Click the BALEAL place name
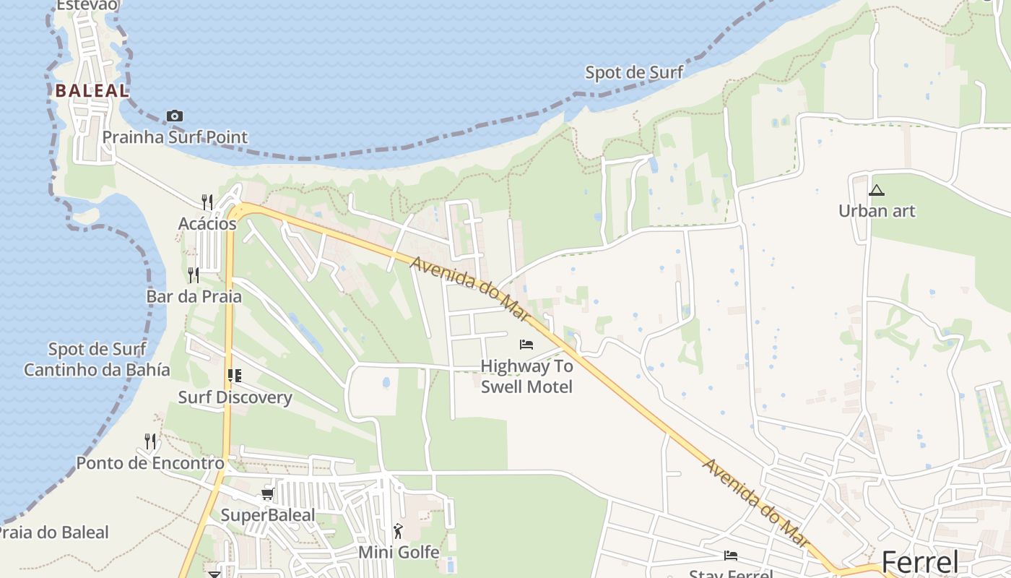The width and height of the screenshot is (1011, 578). pos(92,91)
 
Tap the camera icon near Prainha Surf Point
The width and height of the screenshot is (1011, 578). pos(174,116)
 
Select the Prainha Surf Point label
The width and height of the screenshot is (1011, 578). pos(175,137)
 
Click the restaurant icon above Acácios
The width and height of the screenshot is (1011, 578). pos(207,201)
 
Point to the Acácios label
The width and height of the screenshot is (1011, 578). pos(207,224)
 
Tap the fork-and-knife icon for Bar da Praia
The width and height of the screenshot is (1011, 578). pos(193,275)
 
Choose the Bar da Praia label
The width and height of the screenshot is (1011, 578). pos(194,296)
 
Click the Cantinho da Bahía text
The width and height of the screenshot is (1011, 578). pos(97,370)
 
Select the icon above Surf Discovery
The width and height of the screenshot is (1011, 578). pos(234,375)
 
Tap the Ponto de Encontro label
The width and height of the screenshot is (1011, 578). pos(150,463)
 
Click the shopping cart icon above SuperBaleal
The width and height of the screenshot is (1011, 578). pos(267,494)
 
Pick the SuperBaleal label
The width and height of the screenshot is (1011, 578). pos(267,515)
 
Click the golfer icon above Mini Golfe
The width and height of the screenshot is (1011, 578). pos(398,531)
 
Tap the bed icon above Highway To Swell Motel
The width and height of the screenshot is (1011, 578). pos(526,345)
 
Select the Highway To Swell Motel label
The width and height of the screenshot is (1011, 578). pos(526,376)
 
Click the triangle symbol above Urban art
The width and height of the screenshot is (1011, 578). pos(876,191)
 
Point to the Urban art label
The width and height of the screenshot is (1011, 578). pos(876,211)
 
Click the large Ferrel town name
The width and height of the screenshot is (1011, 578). pos(920,562)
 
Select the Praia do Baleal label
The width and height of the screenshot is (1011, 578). pos(53,533)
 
